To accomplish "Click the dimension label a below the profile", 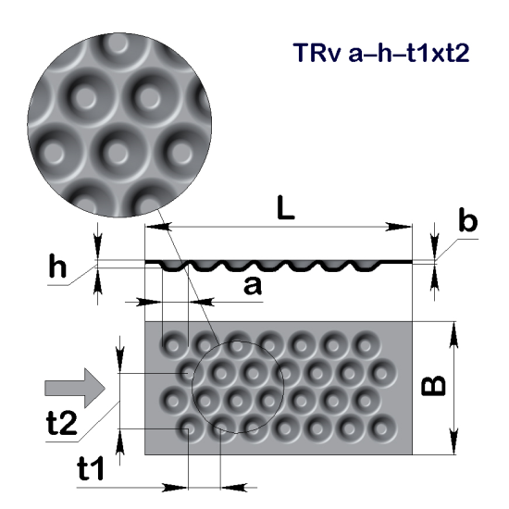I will tap(252, 286).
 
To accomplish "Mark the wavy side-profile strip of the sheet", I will tap(278, 265).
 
